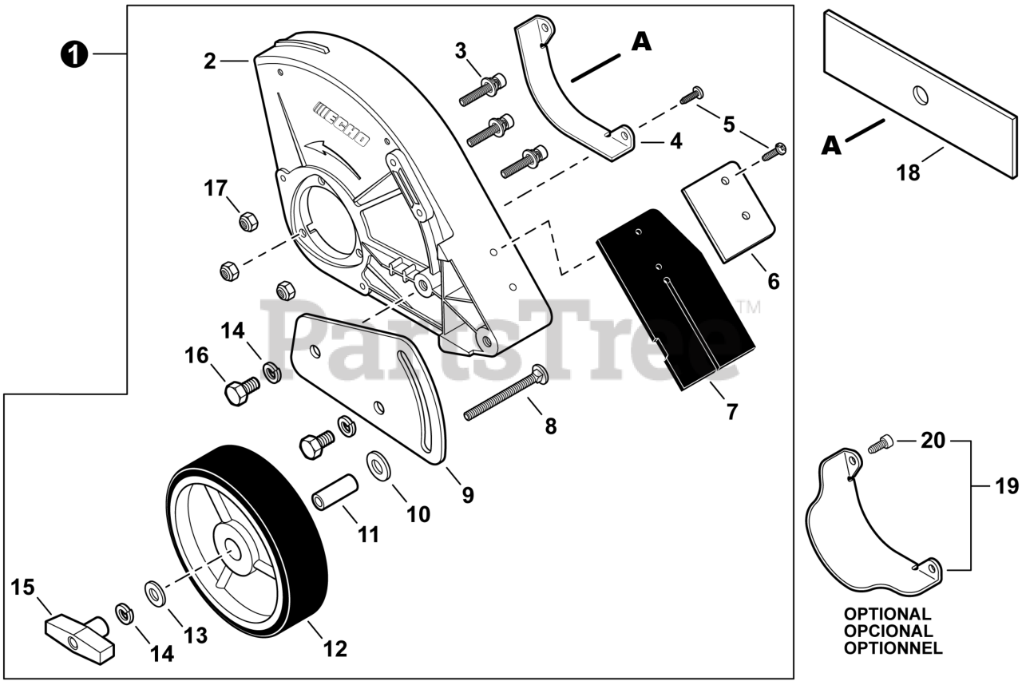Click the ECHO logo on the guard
click(342, 125)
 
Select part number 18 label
click(909, 172)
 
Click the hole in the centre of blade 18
click(921, 95)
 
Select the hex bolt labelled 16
click(240, 392)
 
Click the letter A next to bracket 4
click(640, 42)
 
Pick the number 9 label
click(467, 495)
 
